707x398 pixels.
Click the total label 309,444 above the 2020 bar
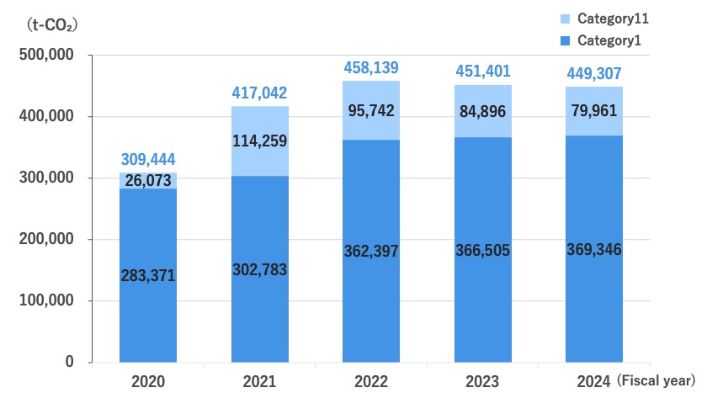click(x=147, y=159)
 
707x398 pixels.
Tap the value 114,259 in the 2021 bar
click(x=259, y=141)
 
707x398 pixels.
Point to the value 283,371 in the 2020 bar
click(x=147, y=275)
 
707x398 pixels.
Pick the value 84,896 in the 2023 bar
click(x=482, y=110)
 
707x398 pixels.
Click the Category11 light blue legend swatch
click(x=563, y=19)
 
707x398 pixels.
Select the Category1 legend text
click(x=610, y=39)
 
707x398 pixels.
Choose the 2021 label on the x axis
click(x=259, y=382)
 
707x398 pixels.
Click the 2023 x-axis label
click(x=482, y=382)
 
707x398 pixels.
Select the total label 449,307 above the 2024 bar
click(x=594, y=72)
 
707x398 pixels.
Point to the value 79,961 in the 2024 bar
click(x=594, y=110)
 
